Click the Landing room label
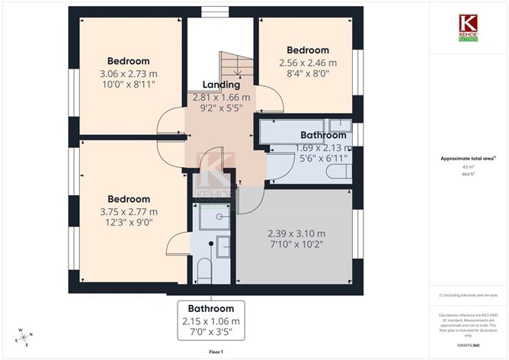(221, 85)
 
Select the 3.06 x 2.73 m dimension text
(128, 74)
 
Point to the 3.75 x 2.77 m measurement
(128, 211)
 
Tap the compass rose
(24, 337)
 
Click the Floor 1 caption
(216, 352)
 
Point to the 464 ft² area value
(468, 174)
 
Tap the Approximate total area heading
(467, 159)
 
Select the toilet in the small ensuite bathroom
(203, 268)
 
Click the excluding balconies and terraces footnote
(468, 294)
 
